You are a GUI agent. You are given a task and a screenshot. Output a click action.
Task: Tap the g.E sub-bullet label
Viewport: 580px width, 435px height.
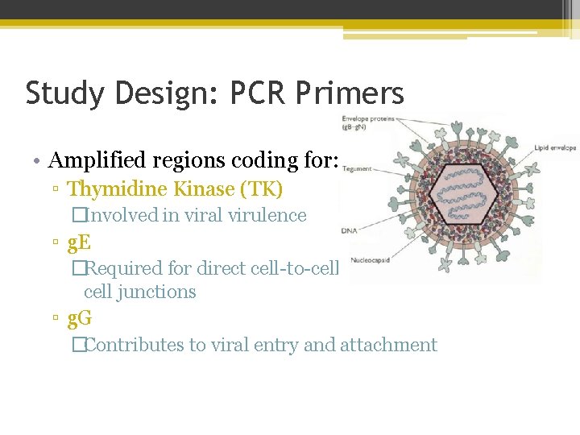point(79,240)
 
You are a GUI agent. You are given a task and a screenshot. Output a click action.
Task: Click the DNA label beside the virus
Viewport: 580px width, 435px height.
point(349,231)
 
